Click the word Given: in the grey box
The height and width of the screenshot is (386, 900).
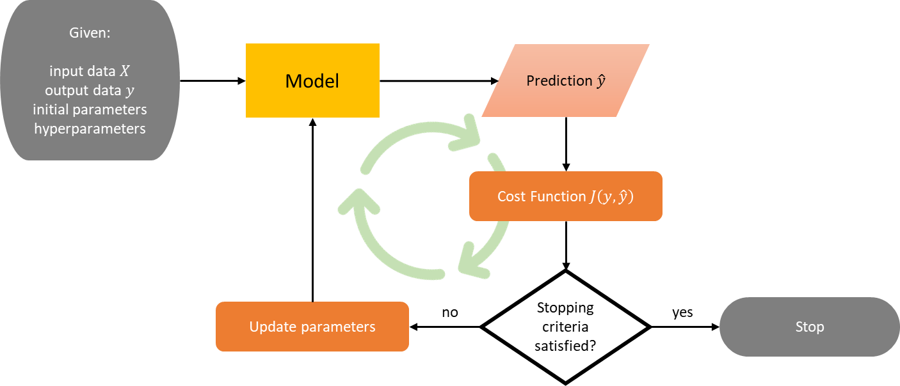pos(90,33)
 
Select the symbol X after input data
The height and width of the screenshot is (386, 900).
pos(125,72)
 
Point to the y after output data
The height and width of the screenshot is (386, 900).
pos(130,91)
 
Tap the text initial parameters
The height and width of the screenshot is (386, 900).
pos(90,109)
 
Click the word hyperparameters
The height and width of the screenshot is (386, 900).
pos(90,128)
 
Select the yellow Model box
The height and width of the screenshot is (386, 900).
pos(312,81)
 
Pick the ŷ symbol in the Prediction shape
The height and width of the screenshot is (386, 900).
pos(600,81)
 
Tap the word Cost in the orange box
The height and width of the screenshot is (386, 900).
pos(511,196)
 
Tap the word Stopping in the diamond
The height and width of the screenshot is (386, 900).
pos(565,307)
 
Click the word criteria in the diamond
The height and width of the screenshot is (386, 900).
pos(565,327)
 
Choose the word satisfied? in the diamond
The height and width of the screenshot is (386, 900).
pos(565,346)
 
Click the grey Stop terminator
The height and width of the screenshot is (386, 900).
pos(809,327)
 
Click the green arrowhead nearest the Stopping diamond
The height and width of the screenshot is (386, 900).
pos(470,262)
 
